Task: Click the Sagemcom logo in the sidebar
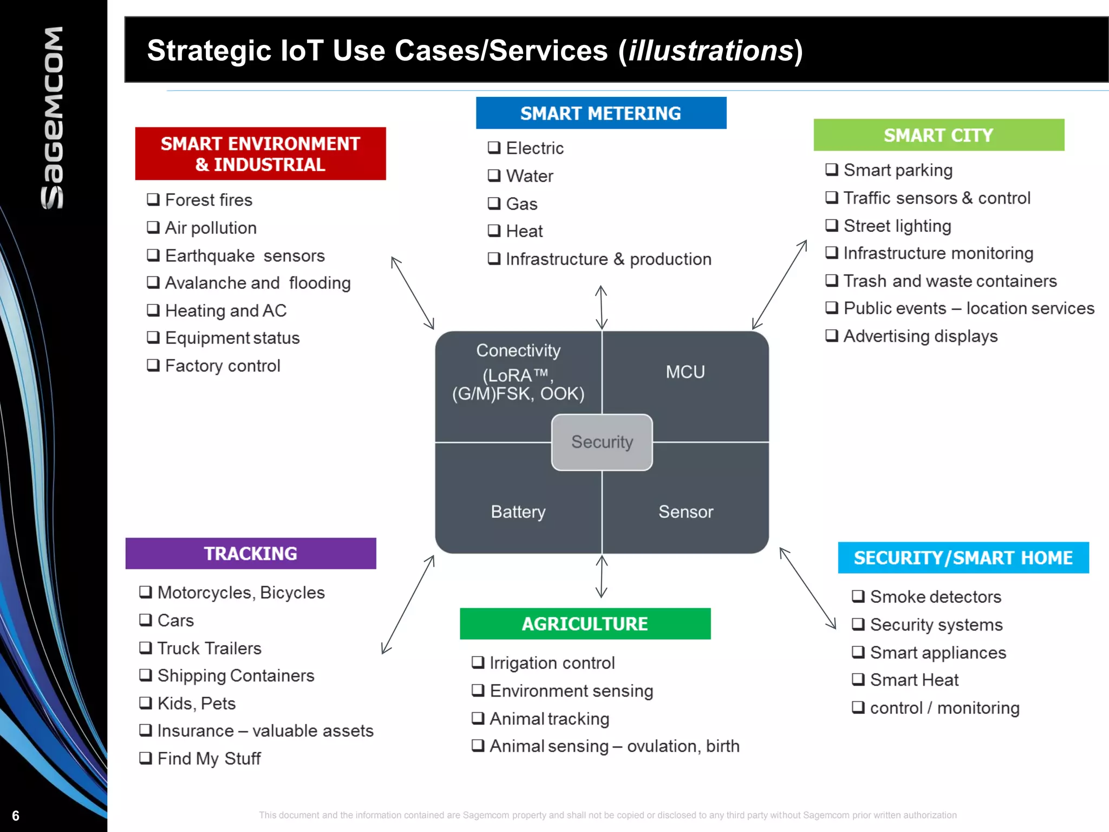point(53,118)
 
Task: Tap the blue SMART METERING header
point(601,113)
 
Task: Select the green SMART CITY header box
point(938,135)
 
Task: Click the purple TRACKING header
point(250,554)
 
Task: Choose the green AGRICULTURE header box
point(585,624)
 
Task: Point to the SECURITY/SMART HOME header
point(963,558)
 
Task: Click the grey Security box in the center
point(602,442)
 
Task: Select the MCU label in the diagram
point(685,372)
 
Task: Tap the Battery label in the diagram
point(518,512)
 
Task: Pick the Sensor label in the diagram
point(686,512)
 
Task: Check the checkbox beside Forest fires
point(153,199)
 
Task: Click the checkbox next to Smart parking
point(832,170)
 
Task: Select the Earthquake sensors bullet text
point(245,256)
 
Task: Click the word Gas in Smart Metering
point(521,204)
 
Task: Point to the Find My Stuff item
point(209,758)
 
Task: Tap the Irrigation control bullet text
point(552,663)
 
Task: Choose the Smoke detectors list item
point(935,597)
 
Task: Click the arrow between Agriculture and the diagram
point(602,576)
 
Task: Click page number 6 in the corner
point(16,816)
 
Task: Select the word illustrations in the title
point(710,50)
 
